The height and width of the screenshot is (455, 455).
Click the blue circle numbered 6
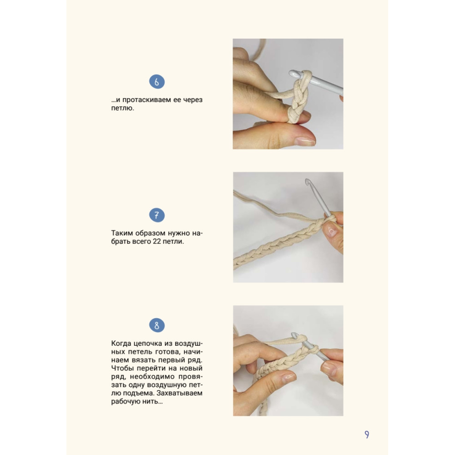pos(157,82)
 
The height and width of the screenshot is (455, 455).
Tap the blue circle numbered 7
pos(157,215)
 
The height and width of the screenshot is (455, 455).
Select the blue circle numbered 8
pos(157,325)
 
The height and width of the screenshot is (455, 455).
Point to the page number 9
pos(367,435)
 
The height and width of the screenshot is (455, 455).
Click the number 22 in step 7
pos(157,242)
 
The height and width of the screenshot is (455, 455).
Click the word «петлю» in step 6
pos(122,108)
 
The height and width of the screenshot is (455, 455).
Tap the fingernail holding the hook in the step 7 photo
pos(331,230)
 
